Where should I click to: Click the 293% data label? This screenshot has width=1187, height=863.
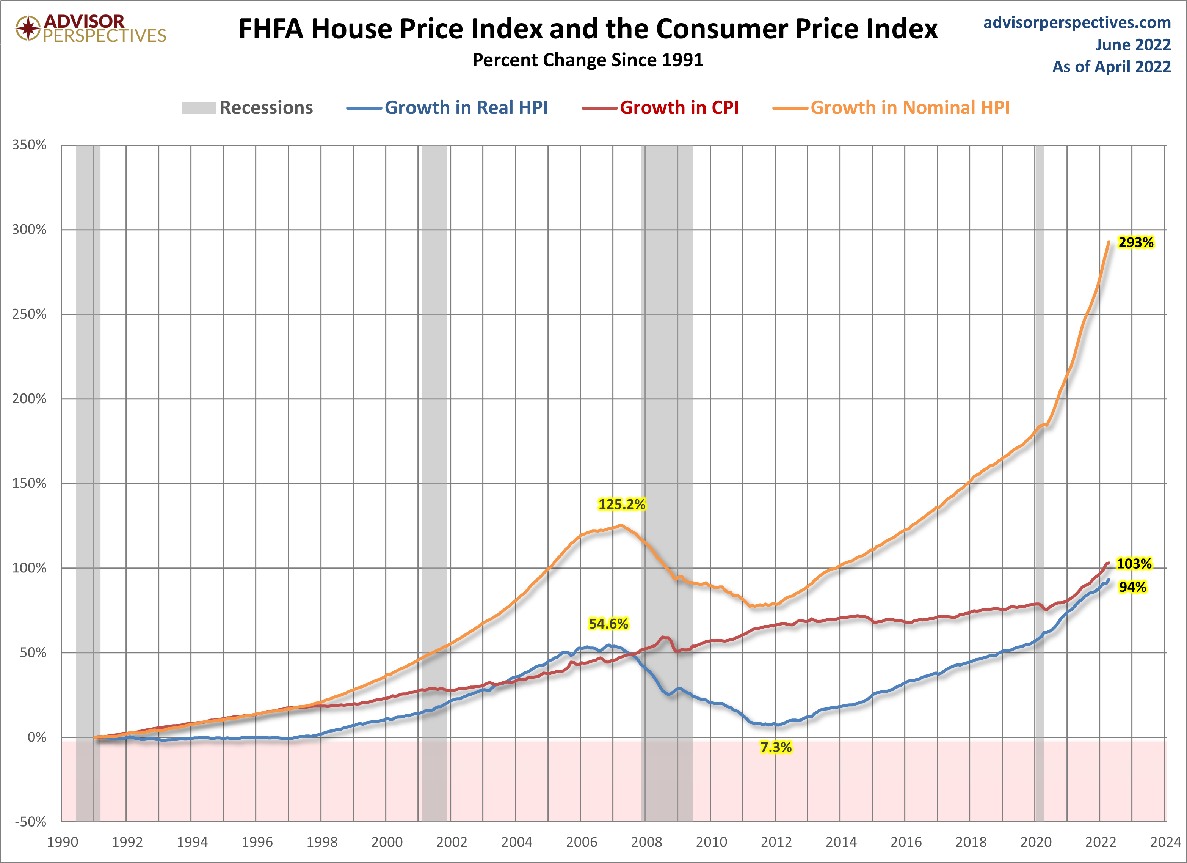[1136, 242]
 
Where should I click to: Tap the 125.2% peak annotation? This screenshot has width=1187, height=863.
[622, 504]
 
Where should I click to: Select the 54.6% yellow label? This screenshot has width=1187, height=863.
[608, 624]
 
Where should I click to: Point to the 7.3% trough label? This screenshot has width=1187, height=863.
[776, 747]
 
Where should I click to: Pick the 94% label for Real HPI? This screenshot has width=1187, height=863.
[1132, 587]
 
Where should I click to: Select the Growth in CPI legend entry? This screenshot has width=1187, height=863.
[679, 108]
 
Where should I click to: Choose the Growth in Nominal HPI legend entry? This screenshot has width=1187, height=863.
[909, 108]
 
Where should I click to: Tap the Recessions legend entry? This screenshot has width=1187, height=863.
[265, 108]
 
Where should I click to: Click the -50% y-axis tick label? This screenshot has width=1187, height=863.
[30, 822]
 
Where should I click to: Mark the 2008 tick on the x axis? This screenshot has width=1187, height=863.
[646, 842]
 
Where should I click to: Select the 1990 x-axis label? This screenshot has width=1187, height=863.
[62, 842]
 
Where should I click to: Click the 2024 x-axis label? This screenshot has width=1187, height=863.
[1165, 842]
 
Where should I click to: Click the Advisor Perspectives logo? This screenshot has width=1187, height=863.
[91, 28]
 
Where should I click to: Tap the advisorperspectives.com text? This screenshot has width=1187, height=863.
[1077, 22]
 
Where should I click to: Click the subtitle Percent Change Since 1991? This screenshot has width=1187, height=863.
[588, 60]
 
